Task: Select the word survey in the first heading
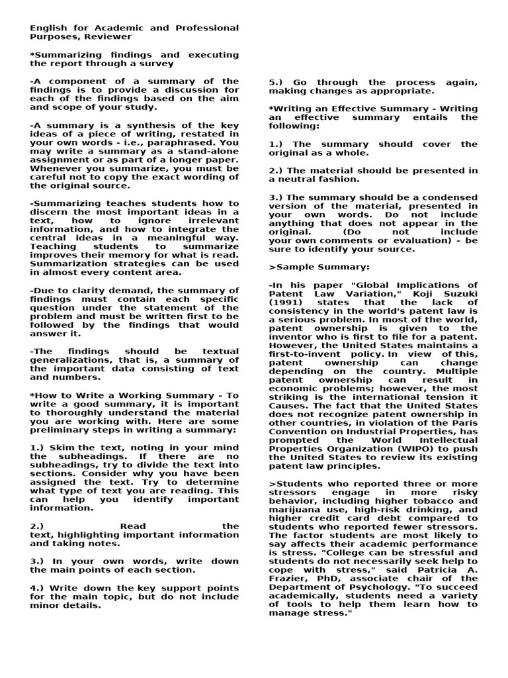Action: (157, 64)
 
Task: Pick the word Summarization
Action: (65, 264)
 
